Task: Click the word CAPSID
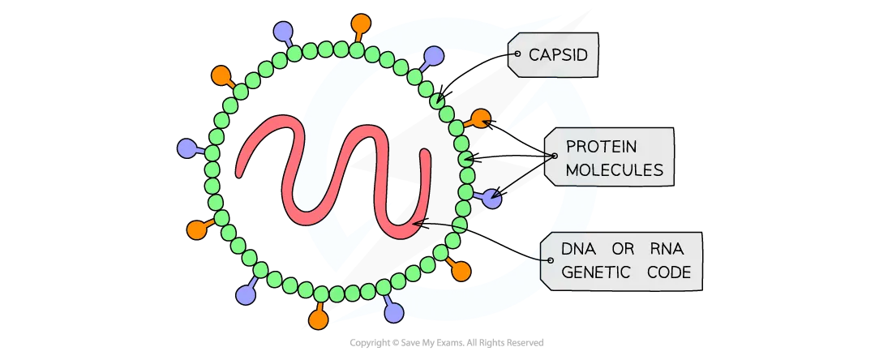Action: pos(558,54)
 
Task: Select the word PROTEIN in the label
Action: pos(601,146)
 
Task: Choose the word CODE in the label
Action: pos(669,272)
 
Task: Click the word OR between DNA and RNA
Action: pos(622,249)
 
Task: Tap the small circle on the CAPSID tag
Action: pos(517,54)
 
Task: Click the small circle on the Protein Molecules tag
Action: pos(555,156)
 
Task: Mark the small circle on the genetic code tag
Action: pos(550,260)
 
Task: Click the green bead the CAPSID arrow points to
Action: pos(437,101)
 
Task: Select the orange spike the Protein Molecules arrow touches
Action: pos(481,118)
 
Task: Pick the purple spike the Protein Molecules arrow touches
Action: pos(492,199)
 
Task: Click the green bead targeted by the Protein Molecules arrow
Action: pos(465,157)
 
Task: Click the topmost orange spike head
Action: pos(361,24)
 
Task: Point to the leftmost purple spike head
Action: pos(187,148)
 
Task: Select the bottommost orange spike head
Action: pos(319,319)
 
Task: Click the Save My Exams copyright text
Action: pos(447,343)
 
